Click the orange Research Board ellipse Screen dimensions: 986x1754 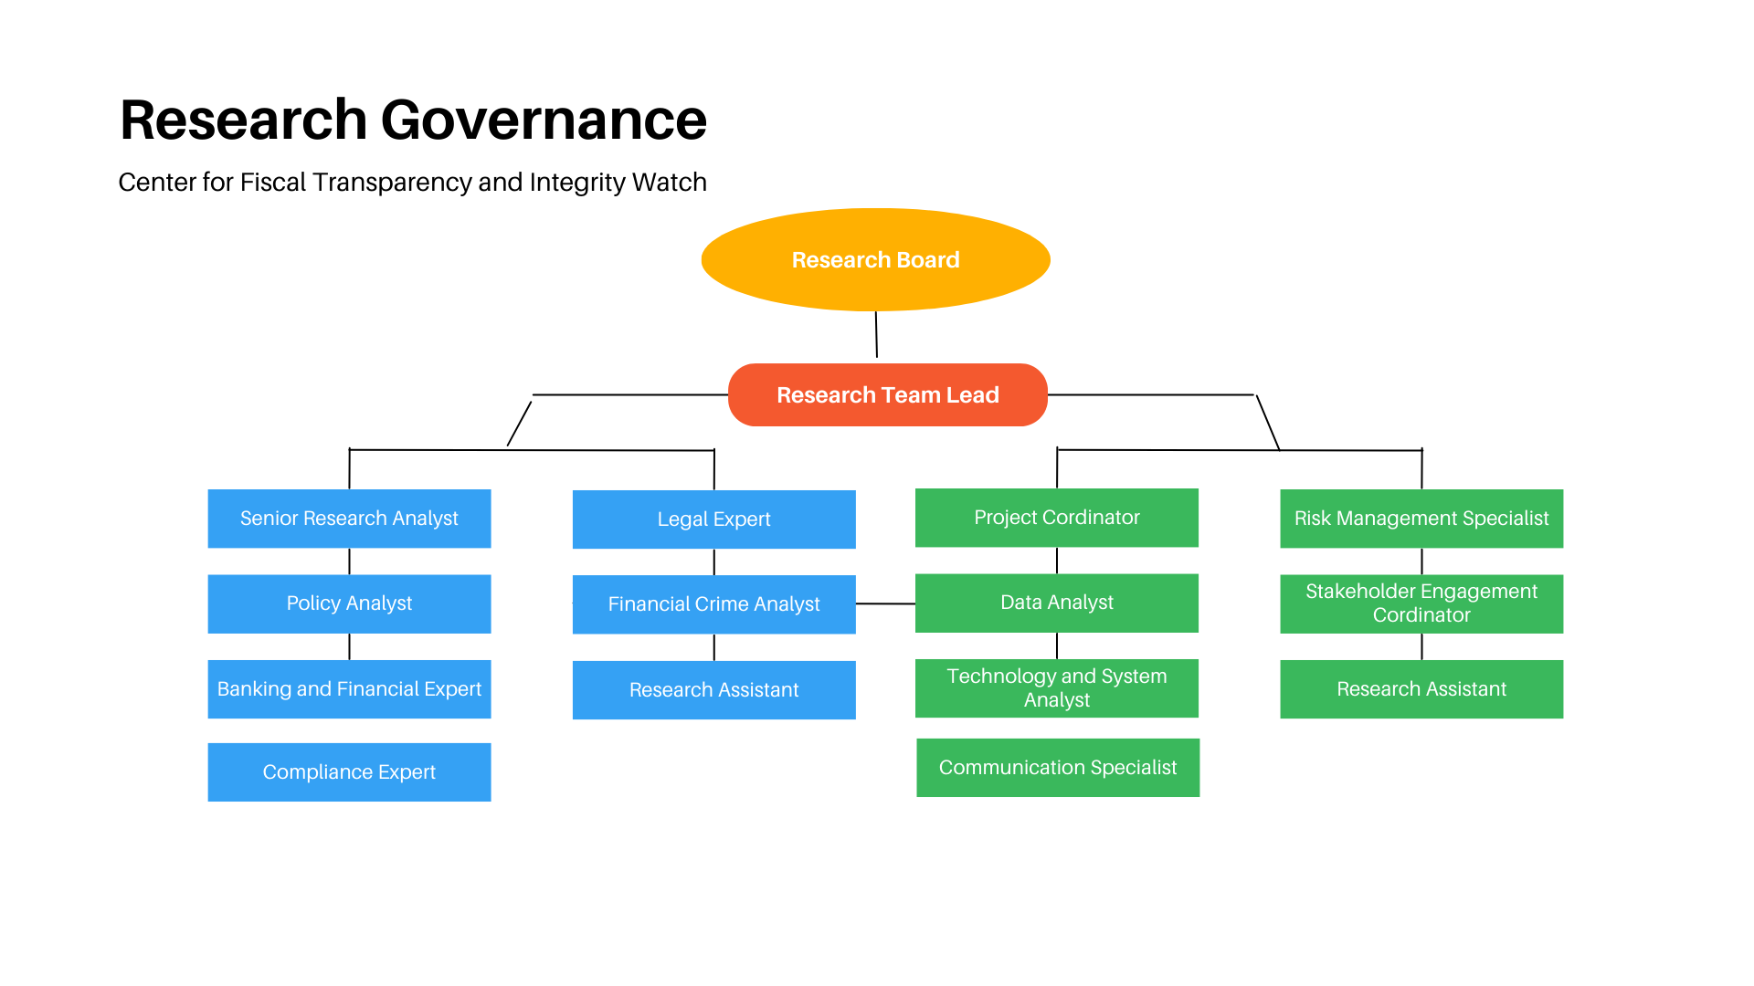pyautogui.click(x=875, y=260)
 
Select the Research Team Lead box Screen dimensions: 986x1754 pyautogui.click(x=887, y=395)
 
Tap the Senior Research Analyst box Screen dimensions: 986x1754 pyautogui.click(x=349, y=519)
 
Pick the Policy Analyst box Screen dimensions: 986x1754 pyautogui.click(x=349, y=603)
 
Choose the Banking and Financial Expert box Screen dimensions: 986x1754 pyautogui.click(x=349, y=689)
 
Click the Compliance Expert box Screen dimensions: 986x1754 pyautogui.click(x=349, y=772)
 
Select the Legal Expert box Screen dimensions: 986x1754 pyautogui.click(x=713, y=519)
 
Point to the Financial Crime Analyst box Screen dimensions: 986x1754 pyautogui.click(x=713, y=604)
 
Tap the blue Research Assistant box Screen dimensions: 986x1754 pyautogui.click(x=713, y=690)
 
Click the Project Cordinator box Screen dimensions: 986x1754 pyautogui.click(x=1056, y=518)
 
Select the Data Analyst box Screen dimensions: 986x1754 pyautogui.click(x=1056, y=603)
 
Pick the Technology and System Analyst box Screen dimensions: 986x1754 pyautogui.click(x=1056, y=688)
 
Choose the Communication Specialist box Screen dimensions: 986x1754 pyautogui.click(x=1057, y=768)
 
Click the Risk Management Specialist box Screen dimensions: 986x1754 pyautogui.click(x=1421, y=519)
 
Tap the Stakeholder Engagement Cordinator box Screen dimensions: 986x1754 pyautogui.click(x=1421, y=603)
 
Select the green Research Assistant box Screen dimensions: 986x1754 pyautogui.click(x=1421, y=689)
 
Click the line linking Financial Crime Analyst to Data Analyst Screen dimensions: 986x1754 pyautogui.click(x=885, y=603)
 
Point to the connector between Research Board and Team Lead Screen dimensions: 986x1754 pyautogui.click(x=876, y=335)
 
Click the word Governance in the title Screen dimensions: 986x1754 pyautogui.click(x=544, y=121)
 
